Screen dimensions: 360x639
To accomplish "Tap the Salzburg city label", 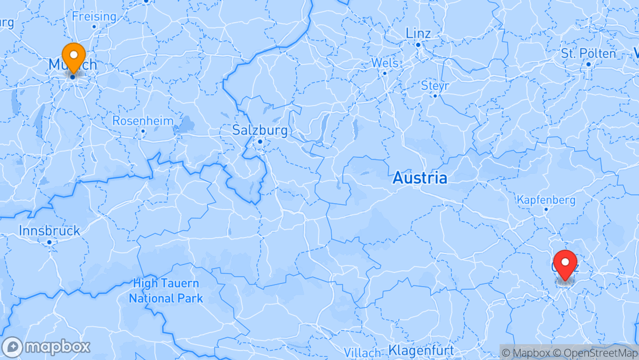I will click(260, 130).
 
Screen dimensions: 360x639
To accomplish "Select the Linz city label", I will click(418, 33).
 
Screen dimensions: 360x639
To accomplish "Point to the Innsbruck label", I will click(50, 231).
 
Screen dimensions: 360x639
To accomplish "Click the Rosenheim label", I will click(143, 121).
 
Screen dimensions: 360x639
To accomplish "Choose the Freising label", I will click(94, 16).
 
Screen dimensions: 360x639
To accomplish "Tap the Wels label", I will click(384, 63).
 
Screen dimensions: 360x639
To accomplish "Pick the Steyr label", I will click(435, 86).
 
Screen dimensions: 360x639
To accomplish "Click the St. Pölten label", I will click(588, 53).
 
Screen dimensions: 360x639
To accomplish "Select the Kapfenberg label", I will click(546, 200).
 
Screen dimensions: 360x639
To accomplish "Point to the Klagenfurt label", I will click(421, 350).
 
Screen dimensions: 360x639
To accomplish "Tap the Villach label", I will click(362, 352).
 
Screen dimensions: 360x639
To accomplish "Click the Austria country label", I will click(420, 178).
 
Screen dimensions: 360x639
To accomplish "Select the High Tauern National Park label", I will click(166, 291).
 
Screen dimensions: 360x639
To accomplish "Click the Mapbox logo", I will click(46, 347).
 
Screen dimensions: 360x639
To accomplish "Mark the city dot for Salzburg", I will click(260, 141).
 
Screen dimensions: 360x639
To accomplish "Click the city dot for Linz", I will click(418, 45).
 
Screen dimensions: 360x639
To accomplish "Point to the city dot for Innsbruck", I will click(49, 242).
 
